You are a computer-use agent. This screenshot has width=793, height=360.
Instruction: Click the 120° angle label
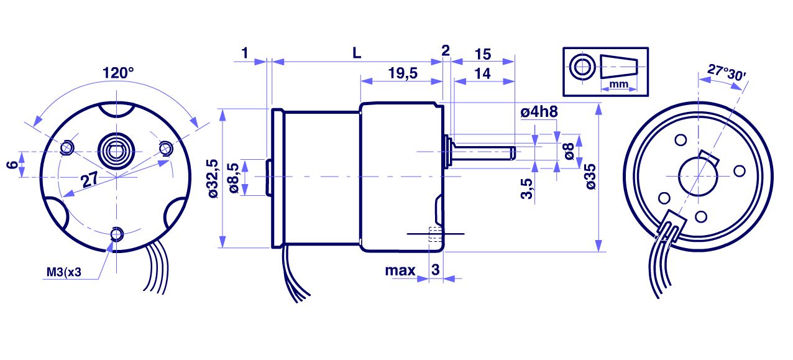(118, 73)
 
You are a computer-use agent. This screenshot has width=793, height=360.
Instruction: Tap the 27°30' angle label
(727, 73)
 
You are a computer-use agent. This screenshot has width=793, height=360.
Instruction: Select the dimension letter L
(356, 53)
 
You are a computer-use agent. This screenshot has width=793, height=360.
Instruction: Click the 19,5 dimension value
(402, 73)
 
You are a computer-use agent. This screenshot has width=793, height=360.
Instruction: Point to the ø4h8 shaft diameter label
(538, 113)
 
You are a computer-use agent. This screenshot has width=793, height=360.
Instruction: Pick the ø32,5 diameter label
(214, 178)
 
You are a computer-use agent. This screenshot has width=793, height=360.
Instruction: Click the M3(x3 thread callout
(64, 272)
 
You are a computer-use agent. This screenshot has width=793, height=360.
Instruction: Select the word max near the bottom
(400, 270)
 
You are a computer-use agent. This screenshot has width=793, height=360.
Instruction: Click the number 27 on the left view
(89, 180)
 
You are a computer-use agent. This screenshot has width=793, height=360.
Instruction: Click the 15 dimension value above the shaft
(482, 53)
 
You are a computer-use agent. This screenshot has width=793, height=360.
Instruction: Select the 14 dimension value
(482, 73)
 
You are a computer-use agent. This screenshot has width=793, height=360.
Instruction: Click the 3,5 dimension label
(526, 188)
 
